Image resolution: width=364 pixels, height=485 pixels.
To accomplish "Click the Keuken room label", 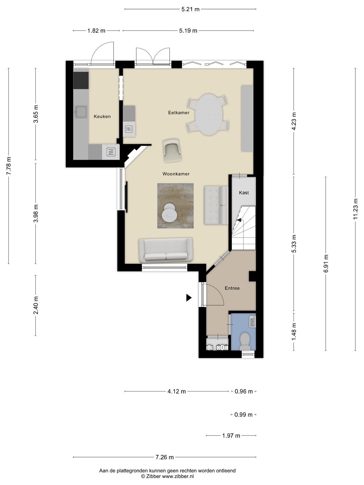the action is coord(102,117).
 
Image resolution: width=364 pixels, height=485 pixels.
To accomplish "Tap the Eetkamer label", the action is coord(179,113).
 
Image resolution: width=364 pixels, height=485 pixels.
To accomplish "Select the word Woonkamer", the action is coord(176,174).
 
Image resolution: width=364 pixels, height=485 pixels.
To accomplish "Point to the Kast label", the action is coord(244,193).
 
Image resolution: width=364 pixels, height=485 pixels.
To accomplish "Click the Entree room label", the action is coord(232,288).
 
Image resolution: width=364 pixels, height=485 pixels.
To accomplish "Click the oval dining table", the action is coord(209,115).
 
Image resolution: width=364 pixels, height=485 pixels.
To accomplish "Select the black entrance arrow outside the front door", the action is coord(188,298).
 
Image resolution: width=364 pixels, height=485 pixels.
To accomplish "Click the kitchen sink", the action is coord(81,112).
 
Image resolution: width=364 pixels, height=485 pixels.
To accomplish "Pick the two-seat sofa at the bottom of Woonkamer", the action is coord(165,250).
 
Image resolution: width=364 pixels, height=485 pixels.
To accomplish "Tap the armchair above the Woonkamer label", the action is coord(173,151).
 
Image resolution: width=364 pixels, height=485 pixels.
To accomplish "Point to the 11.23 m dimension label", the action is coord(355,209).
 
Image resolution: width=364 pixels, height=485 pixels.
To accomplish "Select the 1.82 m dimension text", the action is coord(96,31).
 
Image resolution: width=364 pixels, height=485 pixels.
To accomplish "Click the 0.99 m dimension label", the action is coord(243,415).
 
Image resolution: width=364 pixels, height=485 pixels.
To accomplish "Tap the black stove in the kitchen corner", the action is coord(81,80).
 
